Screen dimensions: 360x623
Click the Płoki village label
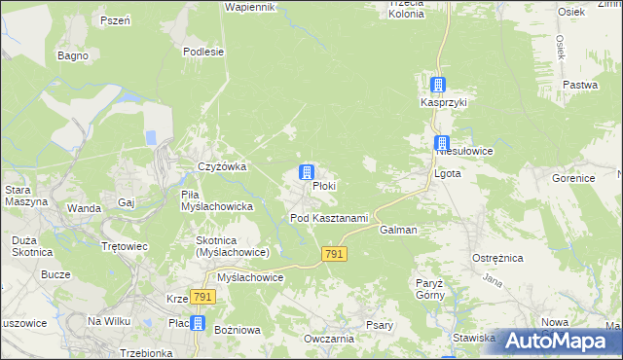[325, 186]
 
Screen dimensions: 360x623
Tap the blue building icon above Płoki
[307, 173]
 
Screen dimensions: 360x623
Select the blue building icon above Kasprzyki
[439, 86]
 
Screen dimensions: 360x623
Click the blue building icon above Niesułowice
[442, 143]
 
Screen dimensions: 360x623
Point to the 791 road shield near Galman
[334, 253]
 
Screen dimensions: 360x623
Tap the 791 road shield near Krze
[202, 297]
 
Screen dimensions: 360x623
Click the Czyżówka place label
[222, 166]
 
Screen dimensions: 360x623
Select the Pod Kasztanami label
[329, 218]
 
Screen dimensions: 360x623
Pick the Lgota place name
[447, 173]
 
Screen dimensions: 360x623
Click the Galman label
[399, 231]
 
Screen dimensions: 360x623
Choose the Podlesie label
[203, 52]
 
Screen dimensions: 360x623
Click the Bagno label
[73, 55]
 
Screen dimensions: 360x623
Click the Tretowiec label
[125, 246]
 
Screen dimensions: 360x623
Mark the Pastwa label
[580, 85]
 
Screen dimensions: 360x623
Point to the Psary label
[380, 326]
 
